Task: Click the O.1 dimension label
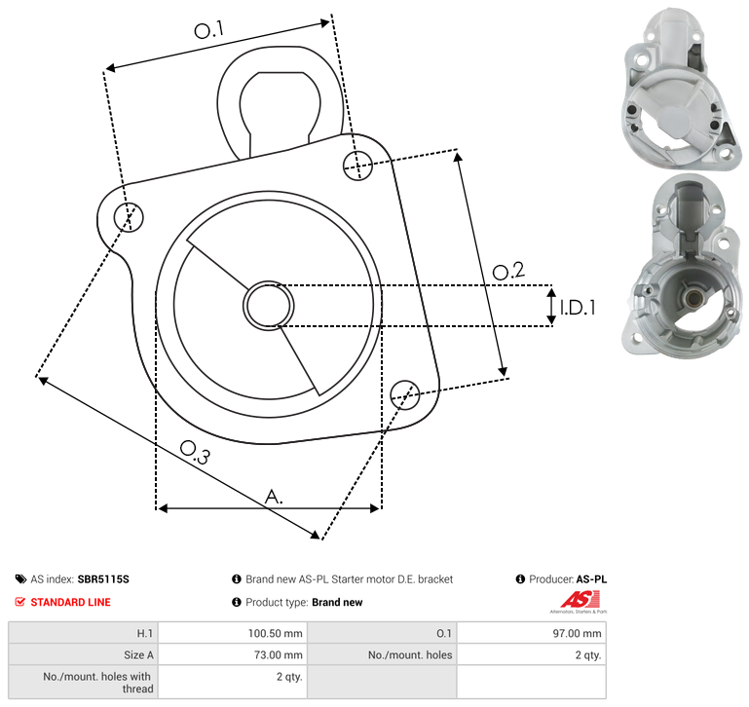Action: pyautogui.click(x=208, y=30)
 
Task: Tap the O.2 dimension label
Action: pyautogui.click(x=508, y=271)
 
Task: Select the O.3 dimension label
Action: pyautogui.click(x=195, y=453)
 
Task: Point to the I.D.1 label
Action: pyautogui.click(x=578, y=308)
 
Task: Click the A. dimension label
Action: pyautogui.click(x=274, y=497)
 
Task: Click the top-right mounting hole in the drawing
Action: pyautogui.click(x=357, y=166)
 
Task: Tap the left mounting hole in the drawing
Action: pyautogui.click(x=129, y=217)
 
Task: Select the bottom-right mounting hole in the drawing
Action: pyautogui.click(x=405, y=395)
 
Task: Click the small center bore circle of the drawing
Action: pyautogui.click(x=269, y=306)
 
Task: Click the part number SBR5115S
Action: pyautogui.click(x=103, y=579)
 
